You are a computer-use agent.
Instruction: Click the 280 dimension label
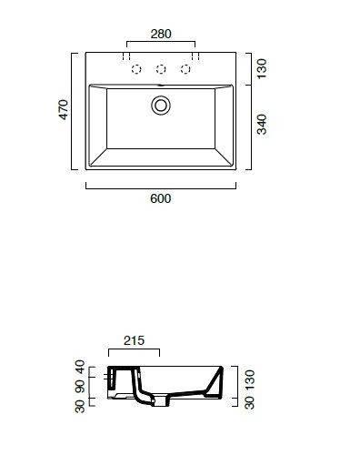[161, 34]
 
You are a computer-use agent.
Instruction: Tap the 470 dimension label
[64, 109]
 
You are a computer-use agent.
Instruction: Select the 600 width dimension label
[161, 198]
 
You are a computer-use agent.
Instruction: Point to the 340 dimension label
[262, 125]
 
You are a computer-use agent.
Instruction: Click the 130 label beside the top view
[262, 69]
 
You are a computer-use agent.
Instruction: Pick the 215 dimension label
[134, 340]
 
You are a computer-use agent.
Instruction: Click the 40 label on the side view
[80, 367]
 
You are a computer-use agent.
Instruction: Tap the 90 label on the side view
[80, 387]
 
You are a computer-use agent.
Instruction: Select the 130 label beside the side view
[250, 379]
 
